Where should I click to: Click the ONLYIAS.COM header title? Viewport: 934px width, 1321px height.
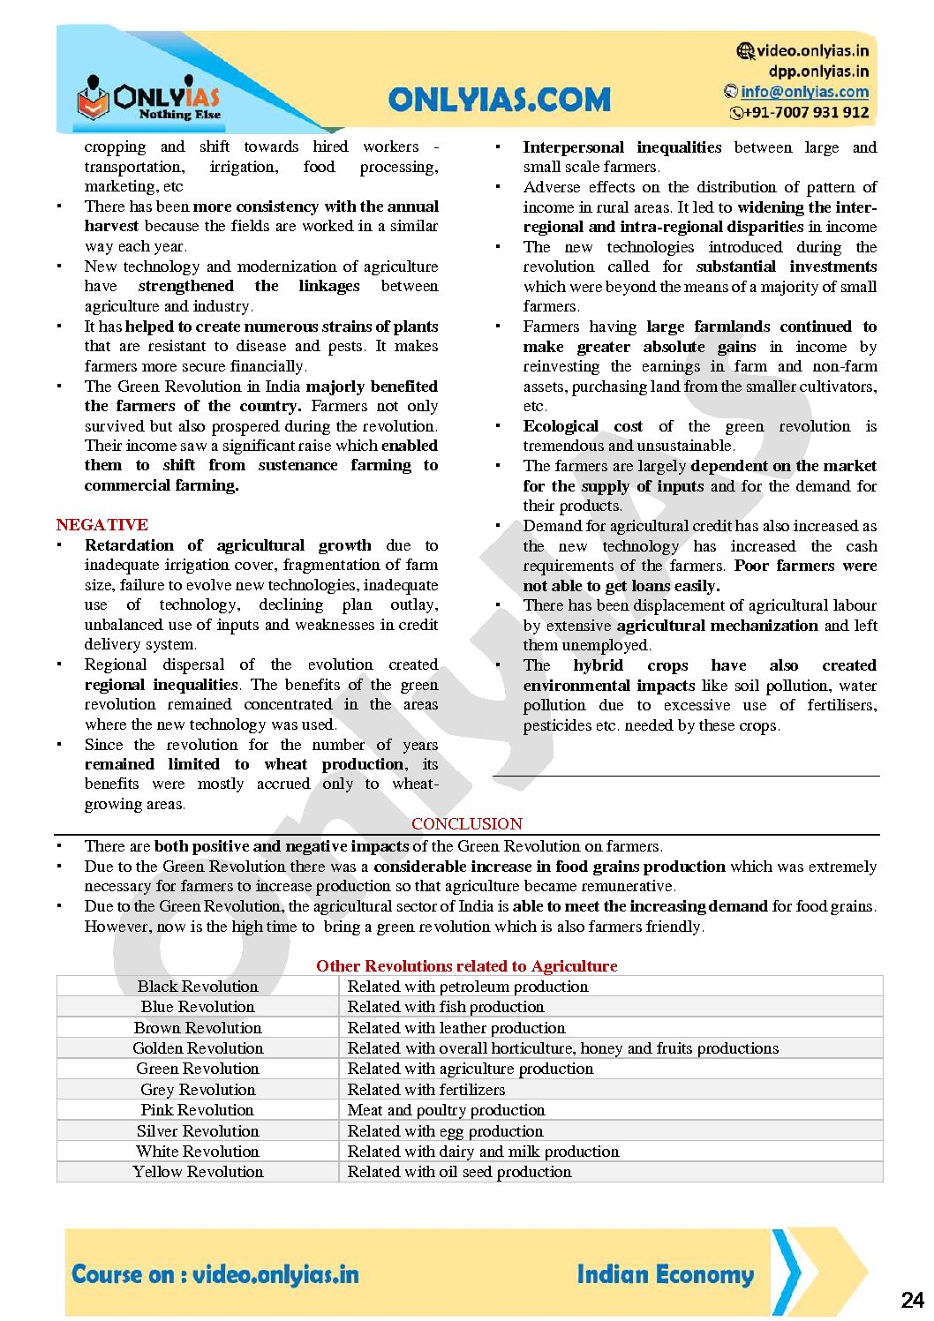click(499, 99)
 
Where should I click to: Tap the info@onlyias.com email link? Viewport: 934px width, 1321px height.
click(804, 92)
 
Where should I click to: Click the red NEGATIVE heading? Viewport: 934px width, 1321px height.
click(102, 524)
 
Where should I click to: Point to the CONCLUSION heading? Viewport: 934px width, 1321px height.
click(467, 823)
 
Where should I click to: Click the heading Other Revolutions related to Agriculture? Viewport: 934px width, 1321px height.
click(466, 965)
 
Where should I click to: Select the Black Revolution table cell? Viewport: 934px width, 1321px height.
click(198, 986)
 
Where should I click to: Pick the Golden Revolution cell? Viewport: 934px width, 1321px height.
click(198, 1047)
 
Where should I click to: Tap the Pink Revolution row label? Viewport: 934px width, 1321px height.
click(198, 1109)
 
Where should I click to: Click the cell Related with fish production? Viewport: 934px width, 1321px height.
click(446, 1006)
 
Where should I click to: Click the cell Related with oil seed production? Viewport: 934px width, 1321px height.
click(459, 1171)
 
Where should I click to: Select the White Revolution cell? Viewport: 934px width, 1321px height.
click(198, 1151)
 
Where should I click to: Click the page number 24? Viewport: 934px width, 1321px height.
click(912, 1300)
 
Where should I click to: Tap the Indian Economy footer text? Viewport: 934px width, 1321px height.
click(665, 1274)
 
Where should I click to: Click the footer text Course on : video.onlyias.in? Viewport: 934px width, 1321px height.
click(215, 1274)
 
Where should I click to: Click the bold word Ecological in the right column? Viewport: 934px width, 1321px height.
click(561, 426)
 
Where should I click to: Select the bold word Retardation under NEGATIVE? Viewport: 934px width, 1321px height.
click(129, 545)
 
